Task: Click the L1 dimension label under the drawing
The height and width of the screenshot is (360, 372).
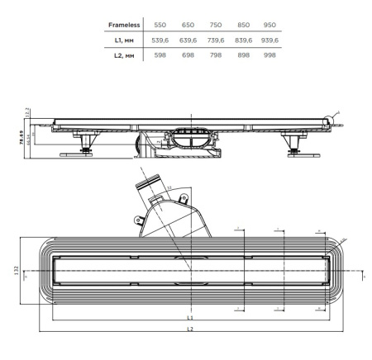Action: [189, 317]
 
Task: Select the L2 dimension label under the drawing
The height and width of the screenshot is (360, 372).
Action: [189, 329]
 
